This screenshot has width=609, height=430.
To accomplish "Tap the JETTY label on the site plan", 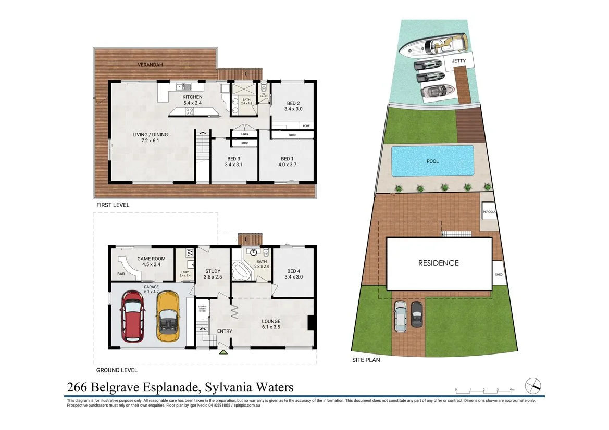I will [x=459, y=61].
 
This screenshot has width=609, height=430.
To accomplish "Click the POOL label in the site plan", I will [x=432, y=161].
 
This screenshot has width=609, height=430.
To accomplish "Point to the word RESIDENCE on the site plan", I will [x=439, y=263].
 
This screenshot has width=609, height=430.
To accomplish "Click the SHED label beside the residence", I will [x=499, y=276].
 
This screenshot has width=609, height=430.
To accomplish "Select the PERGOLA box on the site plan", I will [x=489, y=212].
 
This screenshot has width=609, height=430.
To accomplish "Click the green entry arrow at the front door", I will [x=223, y=352].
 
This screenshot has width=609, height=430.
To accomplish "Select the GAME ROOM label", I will [x=151, y=259].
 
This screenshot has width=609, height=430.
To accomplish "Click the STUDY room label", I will [x=213, y=271].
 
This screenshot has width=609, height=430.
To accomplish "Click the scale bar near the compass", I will [x=484, y=390].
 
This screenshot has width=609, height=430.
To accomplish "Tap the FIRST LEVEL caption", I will [x=112, y=205].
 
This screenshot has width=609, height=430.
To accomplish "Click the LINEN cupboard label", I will [x=244, y=134].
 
